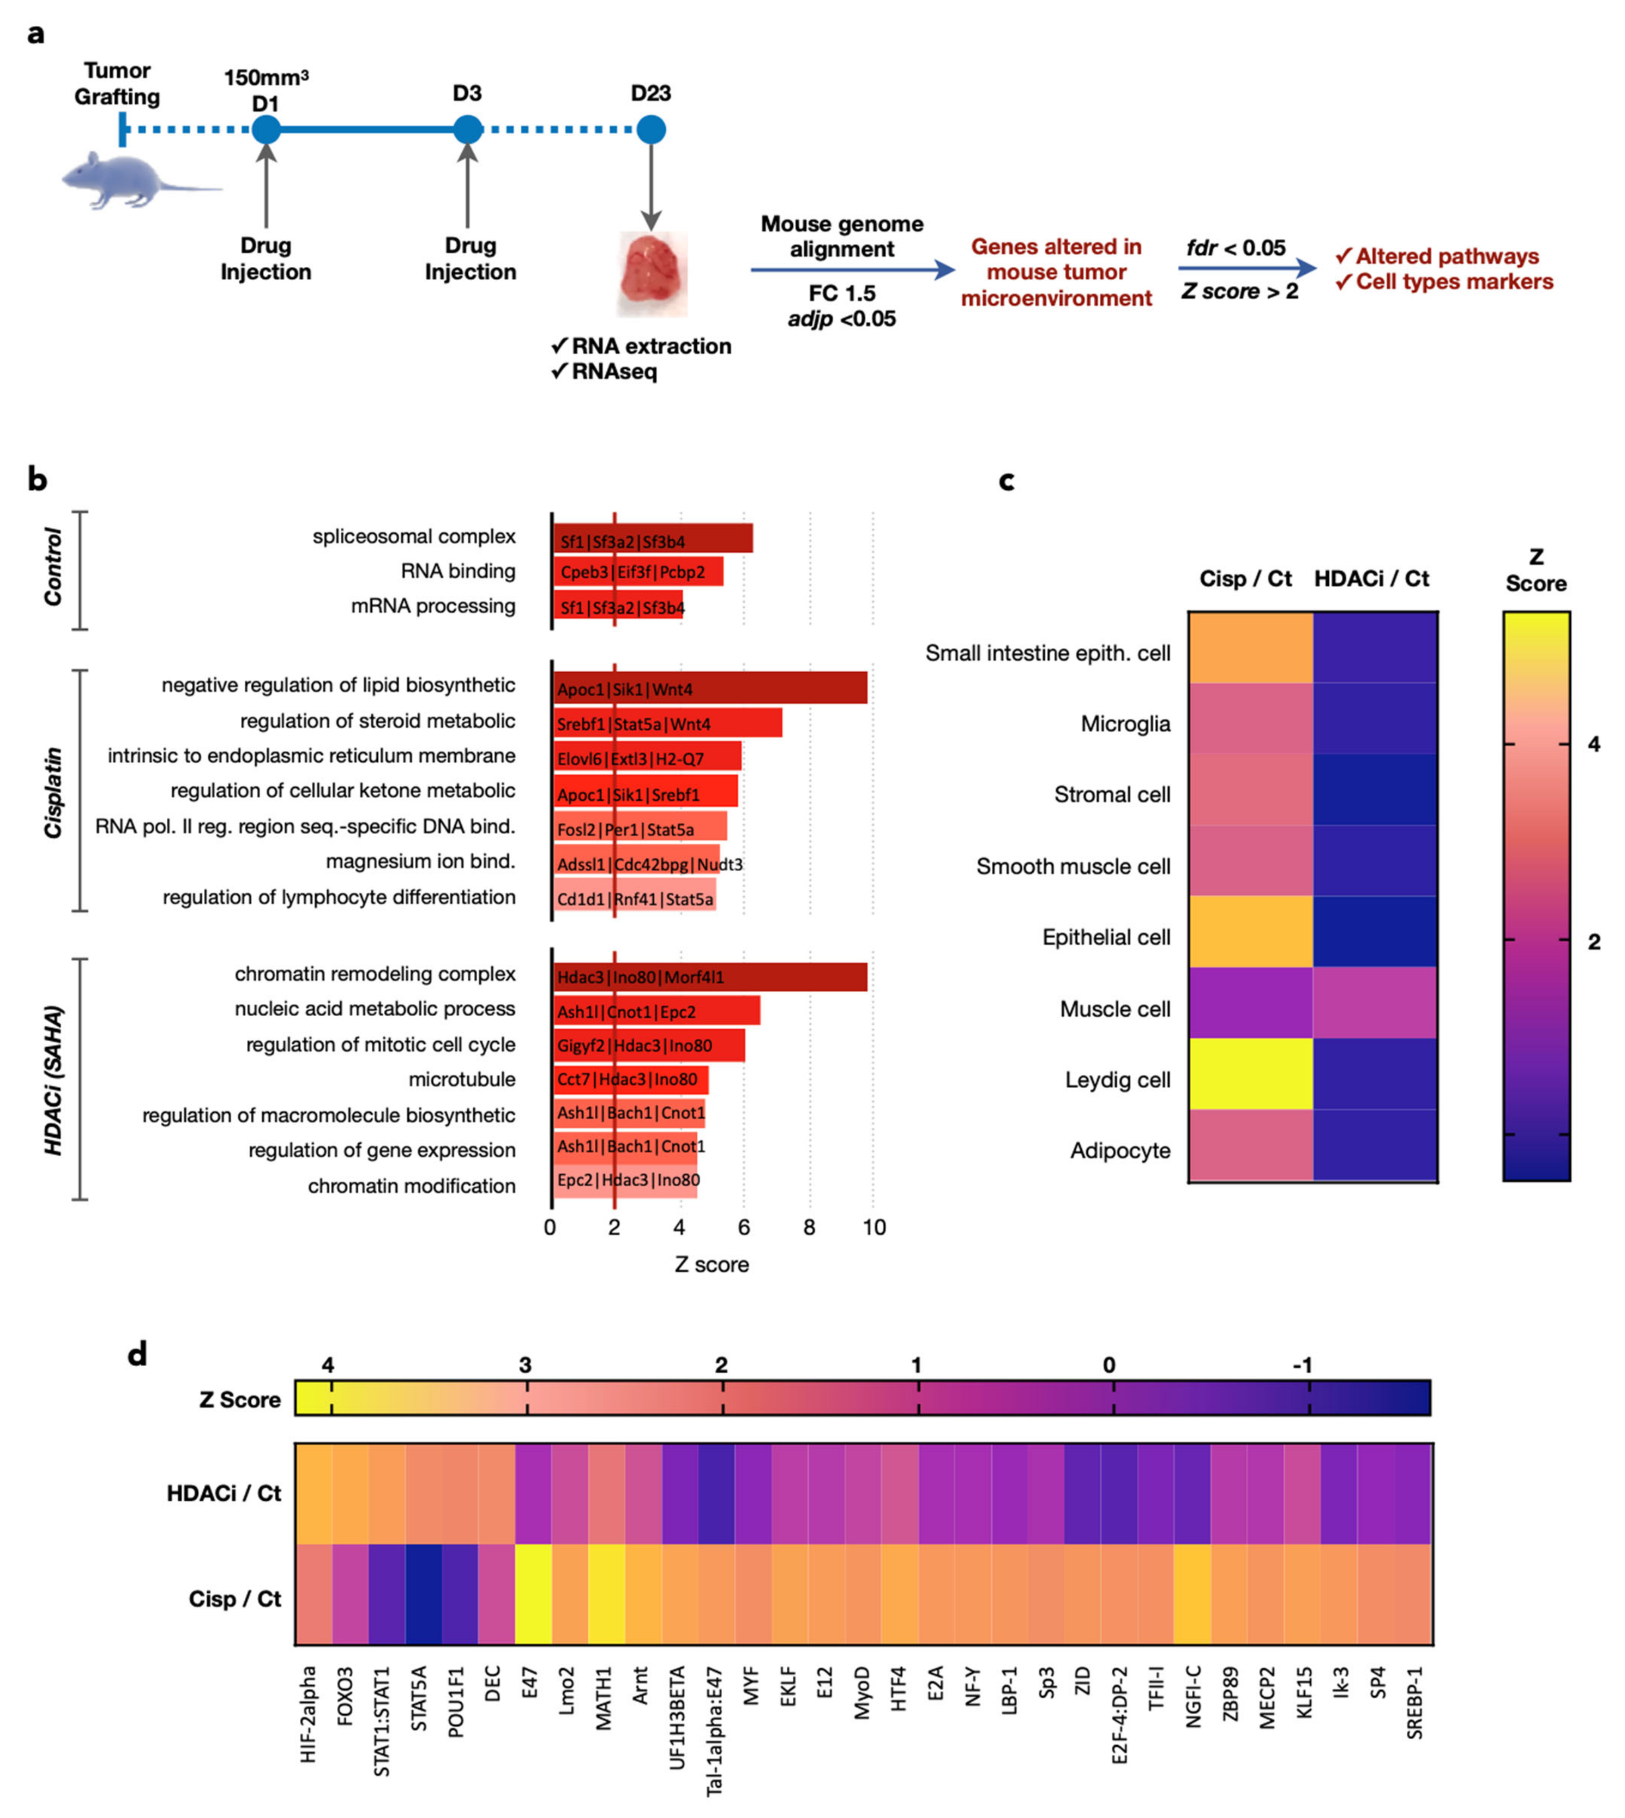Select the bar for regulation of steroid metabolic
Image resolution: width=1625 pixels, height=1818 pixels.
[668, 723]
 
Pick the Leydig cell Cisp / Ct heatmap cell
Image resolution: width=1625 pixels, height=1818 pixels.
[1250, 1073]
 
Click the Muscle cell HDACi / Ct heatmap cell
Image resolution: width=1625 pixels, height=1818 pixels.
[1375, 1002]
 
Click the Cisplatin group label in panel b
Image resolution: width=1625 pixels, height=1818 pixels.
[53, 793]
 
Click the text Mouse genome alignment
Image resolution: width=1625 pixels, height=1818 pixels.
[842, 237]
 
